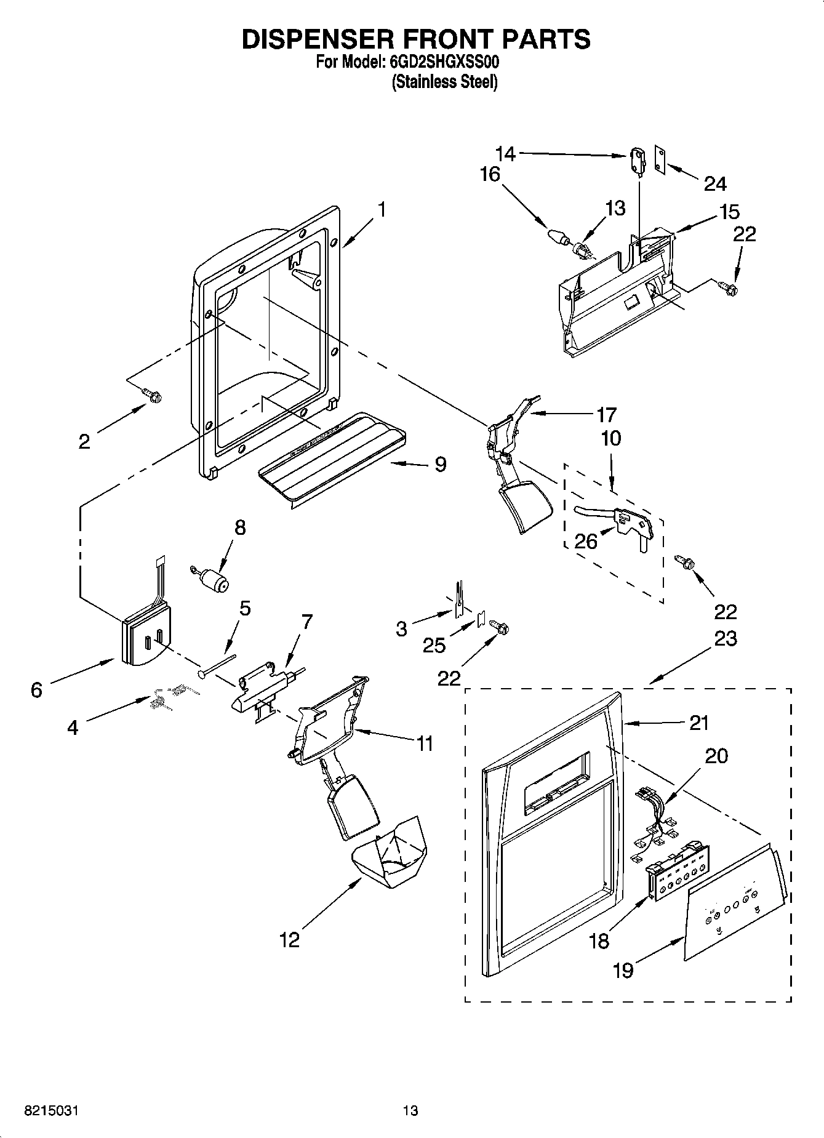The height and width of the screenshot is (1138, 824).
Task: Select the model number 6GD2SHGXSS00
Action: point(444,62)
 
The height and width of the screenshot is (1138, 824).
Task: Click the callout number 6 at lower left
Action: point(36,690)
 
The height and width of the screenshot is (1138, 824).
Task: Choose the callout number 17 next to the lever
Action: point(606,414)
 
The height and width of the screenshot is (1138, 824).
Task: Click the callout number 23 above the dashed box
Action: point(725,638)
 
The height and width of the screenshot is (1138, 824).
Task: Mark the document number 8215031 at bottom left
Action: point(52,1110)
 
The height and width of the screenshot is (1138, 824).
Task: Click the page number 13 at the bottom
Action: point(410,1110)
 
